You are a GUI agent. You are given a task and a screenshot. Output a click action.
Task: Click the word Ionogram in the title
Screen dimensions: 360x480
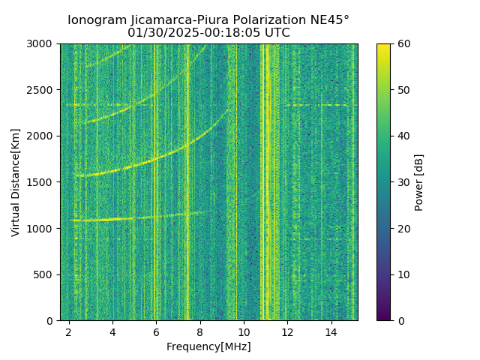(x=98, y=20)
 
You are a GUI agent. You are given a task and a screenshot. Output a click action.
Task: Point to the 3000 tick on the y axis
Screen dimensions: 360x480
(x=42, y=43)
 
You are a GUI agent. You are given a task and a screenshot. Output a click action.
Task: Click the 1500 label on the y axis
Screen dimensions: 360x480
(x=42, y=182)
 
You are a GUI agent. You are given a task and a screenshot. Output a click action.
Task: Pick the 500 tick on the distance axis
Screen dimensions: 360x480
(x=45, y=274)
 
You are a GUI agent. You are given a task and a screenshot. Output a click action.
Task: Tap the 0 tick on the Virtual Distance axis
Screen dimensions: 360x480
(x=52, y=320)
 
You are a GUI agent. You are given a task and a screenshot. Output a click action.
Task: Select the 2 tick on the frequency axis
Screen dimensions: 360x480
(x=69, y=331)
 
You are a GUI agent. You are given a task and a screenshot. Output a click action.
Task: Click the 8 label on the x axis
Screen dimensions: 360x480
(x=200, y=331)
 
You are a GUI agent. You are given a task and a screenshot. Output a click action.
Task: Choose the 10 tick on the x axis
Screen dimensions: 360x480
(x=244, y=331)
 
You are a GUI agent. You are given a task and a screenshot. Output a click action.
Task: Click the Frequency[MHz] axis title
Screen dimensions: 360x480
(x=208, y=346)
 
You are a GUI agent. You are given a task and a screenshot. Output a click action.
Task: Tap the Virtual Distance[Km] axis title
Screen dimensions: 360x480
(x=16, y=182)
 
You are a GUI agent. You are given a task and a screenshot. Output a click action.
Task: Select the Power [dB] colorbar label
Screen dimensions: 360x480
(x=419, y=182)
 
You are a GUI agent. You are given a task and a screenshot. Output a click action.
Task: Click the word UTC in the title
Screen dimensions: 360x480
(x=275, y=33)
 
